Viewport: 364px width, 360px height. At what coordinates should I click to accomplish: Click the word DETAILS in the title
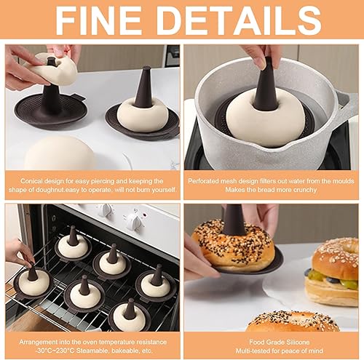pyautogui.click(x=239, y=20)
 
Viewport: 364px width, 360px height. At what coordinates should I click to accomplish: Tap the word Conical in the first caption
pyautogui.click(x=30, y=181)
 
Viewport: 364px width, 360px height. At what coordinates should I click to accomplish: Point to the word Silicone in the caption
pyautogui.click(x=298, y=342)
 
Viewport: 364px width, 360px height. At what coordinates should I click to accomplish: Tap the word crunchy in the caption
pyautogui.click(x=305, y=190)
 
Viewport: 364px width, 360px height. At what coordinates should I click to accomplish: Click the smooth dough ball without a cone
pyautogui.click(x=60, y=153)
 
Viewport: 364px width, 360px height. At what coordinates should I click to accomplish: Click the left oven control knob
pyautogui.click(x=106, y=210)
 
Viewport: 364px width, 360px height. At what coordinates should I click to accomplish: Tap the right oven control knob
pyautogui.click(x=133, y=221)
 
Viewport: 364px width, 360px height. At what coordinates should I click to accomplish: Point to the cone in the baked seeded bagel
pyautogui.click(x=234, y=220)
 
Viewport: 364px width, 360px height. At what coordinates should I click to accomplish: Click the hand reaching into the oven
pyautogui.click(x=20, y=252)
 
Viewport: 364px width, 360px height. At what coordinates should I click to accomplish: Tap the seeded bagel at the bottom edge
pyautogui.click(x=293, y=321)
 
